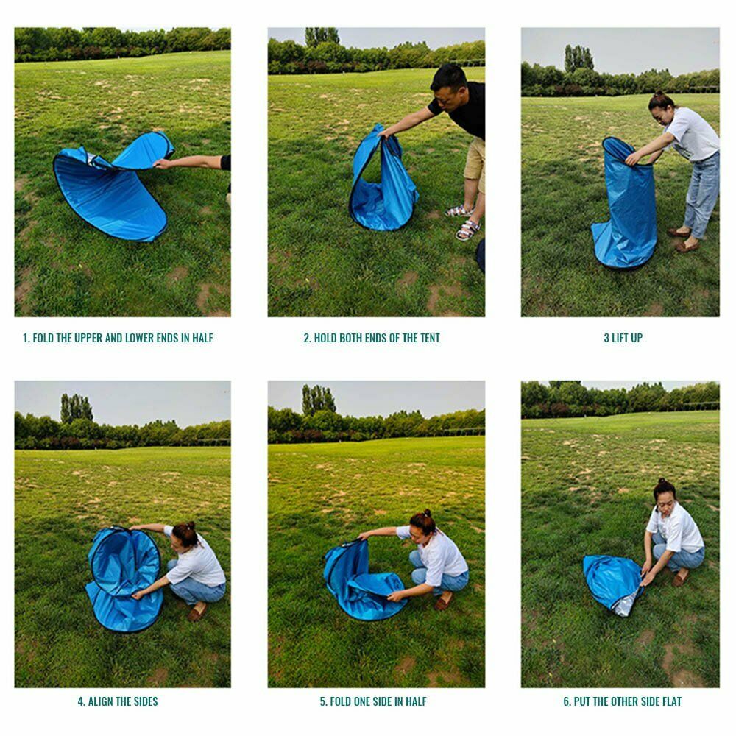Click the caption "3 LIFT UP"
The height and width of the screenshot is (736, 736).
tap(623, 338)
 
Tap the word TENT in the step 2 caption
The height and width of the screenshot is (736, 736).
tap(430, 338)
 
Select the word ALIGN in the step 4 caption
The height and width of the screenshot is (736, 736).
tap(100, 701)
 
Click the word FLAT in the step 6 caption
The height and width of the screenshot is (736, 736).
tap(671, 701)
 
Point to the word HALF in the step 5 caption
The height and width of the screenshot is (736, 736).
tap(417, 701)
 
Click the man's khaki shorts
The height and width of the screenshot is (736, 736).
tap(475, 159)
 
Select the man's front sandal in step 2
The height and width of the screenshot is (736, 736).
tap(467, 230)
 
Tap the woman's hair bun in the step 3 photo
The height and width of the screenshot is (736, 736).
tap(659, 96)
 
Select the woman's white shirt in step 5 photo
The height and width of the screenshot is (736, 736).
tap(437, 555)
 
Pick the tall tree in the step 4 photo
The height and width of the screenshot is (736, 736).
tap(76, 408)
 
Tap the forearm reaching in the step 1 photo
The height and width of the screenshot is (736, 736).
tap(188, 163)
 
